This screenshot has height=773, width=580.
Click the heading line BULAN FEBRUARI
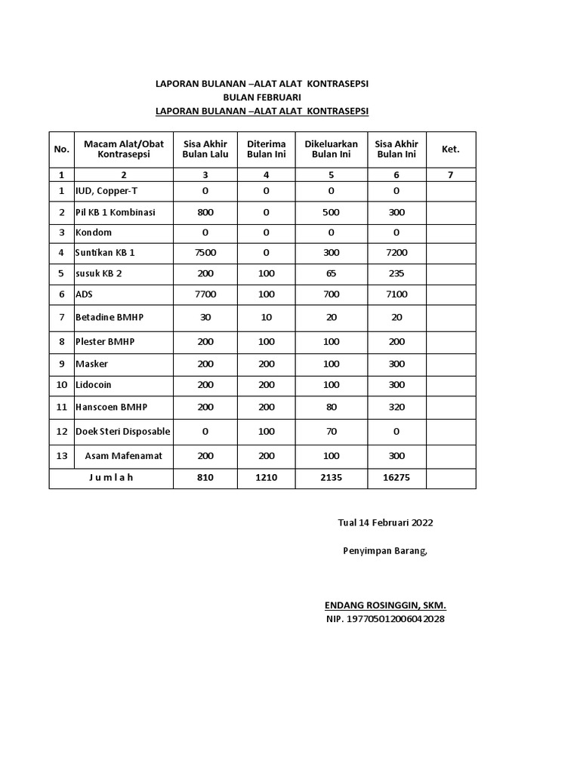tap(261, 97)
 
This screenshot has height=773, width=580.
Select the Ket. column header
tap(450, 149)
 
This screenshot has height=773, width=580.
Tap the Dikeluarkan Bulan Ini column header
tap(331, 149)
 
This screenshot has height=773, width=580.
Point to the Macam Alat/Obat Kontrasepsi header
tap(124, 149)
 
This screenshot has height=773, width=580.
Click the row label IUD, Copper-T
tap(106, 191)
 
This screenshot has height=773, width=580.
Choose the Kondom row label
tap(94, 233)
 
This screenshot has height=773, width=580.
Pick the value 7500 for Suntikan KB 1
tap(205, 253)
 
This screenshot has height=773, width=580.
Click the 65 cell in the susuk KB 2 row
tap(331, 273)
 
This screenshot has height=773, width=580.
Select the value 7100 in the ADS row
tap(396, 294)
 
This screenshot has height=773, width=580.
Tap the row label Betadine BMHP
tap(110, 317)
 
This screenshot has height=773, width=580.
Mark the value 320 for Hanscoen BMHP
tap(396, 407)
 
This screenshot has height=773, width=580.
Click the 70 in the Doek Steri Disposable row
tap(331, 432)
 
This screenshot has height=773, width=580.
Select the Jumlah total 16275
tap(396, 477)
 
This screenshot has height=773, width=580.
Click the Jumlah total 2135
tap(331, 477)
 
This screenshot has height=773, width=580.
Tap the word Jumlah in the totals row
tap(110, 477)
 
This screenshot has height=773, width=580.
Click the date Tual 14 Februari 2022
tap(385, 522)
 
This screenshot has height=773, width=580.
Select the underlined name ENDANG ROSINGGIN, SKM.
tap(385, 605)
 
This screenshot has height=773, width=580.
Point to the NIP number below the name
tap(385, 620)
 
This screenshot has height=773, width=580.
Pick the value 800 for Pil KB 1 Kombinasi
tap(205, 212)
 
